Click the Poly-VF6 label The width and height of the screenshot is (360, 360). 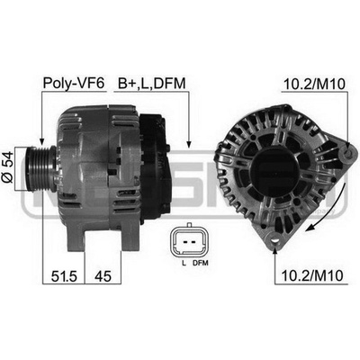[74, 83]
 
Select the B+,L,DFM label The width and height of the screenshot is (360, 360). [152, 83]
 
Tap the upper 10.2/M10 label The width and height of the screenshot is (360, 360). [314, 85]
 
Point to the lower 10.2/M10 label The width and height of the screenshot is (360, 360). [312, 275]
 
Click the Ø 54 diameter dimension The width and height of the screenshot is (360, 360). [8, 167]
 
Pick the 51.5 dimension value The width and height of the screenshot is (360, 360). [64, 276]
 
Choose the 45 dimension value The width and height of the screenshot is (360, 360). [103, 276]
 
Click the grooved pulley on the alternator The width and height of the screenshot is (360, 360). [39, 168]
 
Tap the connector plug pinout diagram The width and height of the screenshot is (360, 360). [189, 241]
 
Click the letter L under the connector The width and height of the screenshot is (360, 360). [184, 264]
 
